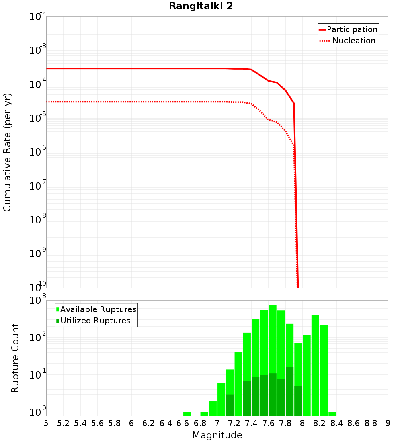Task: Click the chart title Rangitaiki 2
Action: [201, 6]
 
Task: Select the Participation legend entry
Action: [352, 29]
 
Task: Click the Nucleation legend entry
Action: [354, 41]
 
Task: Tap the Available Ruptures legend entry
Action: [98, 309]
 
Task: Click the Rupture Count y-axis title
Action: [15, 358]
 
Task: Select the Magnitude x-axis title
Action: [217, 435]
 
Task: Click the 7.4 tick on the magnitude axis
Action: [251, 423]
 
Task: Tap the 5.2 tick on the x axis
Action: [64, 423]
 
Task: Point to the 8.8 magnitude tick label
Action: [371, 423]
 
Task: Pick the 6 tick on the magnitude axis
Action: [131, 423]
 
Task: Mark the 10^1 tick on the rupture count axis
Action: [39, 375]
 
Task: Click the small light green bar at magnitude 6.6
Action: [187, 414]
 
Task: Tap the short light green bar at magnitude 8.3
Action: [332, 414]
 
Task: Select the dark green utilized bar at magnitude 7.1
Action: [230, 405]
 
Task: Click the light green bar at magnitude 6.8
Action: [204, 414]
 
